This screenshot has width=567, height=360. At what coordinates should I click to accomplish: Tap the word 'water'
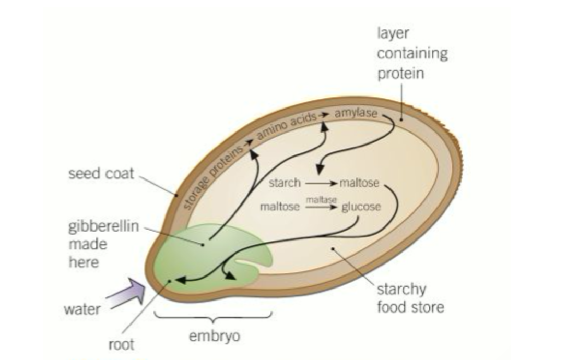click(82, 309)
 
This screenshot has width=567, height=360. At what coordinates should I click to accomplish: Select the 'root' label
click(121, 344)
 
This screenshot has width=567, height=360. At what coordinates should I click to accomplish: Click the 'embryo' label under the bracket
click(214, 335)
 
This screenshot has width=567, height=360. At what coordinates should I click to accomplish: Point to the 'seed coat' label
click(101, 173)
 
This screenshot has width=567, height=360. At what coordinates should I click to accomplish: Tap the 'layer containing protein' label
click(412, 53)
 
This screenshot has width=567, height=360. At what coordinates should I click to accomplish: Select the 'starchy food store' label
click(410, 298)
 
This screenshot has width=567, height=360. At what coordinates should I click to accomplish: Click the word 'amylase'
click(356, 113)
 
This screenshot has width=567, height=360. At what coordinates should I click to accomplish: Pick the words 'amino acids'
click(287, 123)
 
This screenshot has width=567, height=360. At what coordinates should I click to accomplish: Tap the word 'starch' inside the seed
click(285, 183)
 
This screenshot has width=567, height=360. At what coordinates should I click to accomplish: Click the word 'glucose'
click(361, 207)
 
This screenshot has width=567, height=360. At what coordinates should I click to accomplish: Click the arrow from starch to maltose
click(320, 184)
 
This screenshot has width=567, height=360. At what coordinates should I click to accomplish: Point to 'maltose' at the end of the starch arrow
click(359, 183)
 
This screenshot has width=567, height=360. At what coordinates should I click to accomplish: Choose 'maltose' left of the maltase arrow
click(280, 207)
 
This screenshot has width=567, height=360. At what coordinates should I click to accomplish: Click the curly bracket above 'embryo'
click(213, 315)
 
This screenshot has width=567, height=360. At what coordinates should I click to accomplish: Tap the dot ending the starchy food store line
click(333, 249)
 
